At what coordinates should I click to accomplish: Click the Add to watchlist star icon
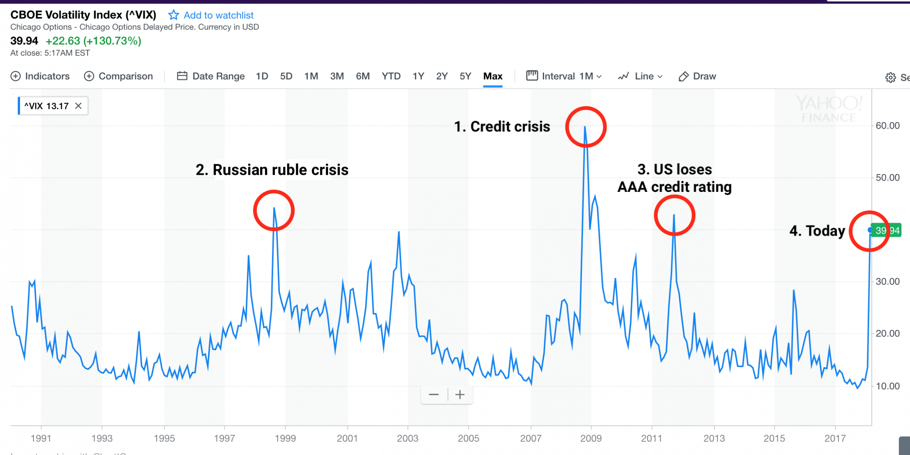pos(174,15)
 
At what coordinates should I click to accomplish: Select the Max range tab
pos(493,76)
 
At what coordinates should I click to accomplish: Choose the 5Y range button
pos(465,76)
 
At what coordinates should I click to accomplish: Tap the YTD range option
pos(391,76)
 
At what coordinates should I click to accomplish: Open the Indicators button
pos(40,76)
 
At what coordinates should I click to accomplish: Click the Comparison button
pos(118,76)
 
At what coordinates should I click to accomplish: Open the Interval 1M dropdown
pos(564,76)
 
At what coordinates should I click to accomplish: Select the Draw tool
pos(697,76)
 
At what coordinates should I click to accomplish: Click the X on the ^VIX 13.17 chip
pos(78,106)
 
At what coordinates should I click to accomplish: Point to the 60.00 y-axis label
pos(887,126)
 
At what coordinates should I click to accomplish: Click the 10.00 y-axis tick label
pos(887,386)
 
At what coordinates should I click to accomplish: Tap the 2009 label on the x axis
pos(591,438)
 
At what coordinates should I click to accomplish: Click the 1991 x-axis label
pos(41,438)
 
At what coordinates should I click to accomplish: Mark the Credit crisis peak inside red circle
pos(585,127)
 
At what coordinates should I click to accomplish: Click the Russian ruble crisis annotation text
pos(272,169)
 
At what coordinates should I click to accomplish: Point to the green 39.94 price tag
pos(886,231)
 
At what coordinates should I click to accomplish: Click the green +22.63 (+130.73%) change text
pos(93,41)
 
